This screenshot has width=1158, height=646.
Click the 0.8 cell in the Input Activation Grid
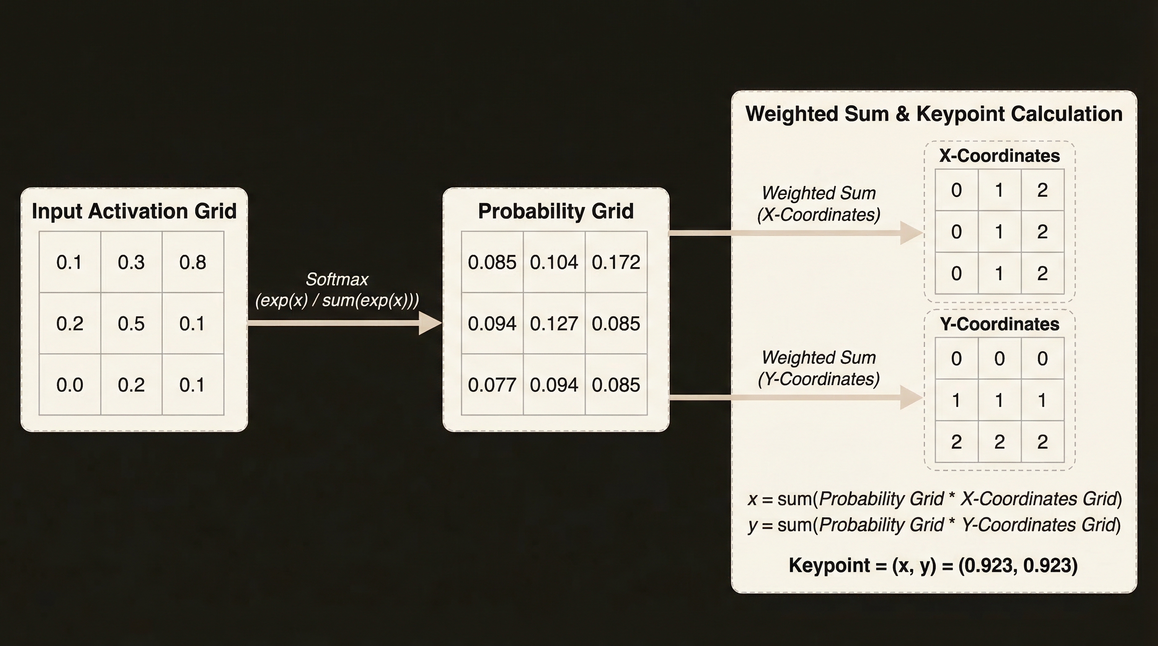click(193, 262)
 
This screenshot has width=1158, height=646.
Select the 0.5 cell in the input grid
click(131, 323)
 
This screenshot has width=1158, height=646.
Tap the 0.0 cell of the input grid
click(70, 384)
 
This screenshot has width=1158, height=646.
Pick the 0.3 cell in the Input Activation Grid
click(131, 262)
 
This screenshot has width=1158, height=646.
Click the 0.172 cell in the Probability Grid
click(616, 262)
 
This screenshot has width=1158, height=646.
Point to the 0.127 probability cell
click(554, 323)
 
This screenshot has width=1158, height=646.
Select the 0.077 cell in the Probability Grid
click(492, 384)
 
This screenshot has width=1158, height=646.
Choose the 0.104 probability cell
click(554, 262)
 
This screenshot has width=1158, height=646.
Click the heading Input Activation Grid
click(134, 211)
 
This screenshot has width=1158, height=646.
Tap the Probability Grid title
click(555, 211)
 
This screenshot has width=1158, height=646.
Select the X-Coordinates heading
click(999, 156)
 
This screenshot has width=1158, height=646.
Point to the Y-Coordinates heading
click(999, 324)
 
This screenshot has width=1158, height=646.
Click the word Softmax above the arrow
click(337, 279)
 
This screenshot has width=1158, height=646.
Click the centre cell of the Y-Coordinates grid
click(999, 400)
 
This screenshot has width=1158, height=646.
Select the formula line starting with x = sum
click(935, 499)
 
